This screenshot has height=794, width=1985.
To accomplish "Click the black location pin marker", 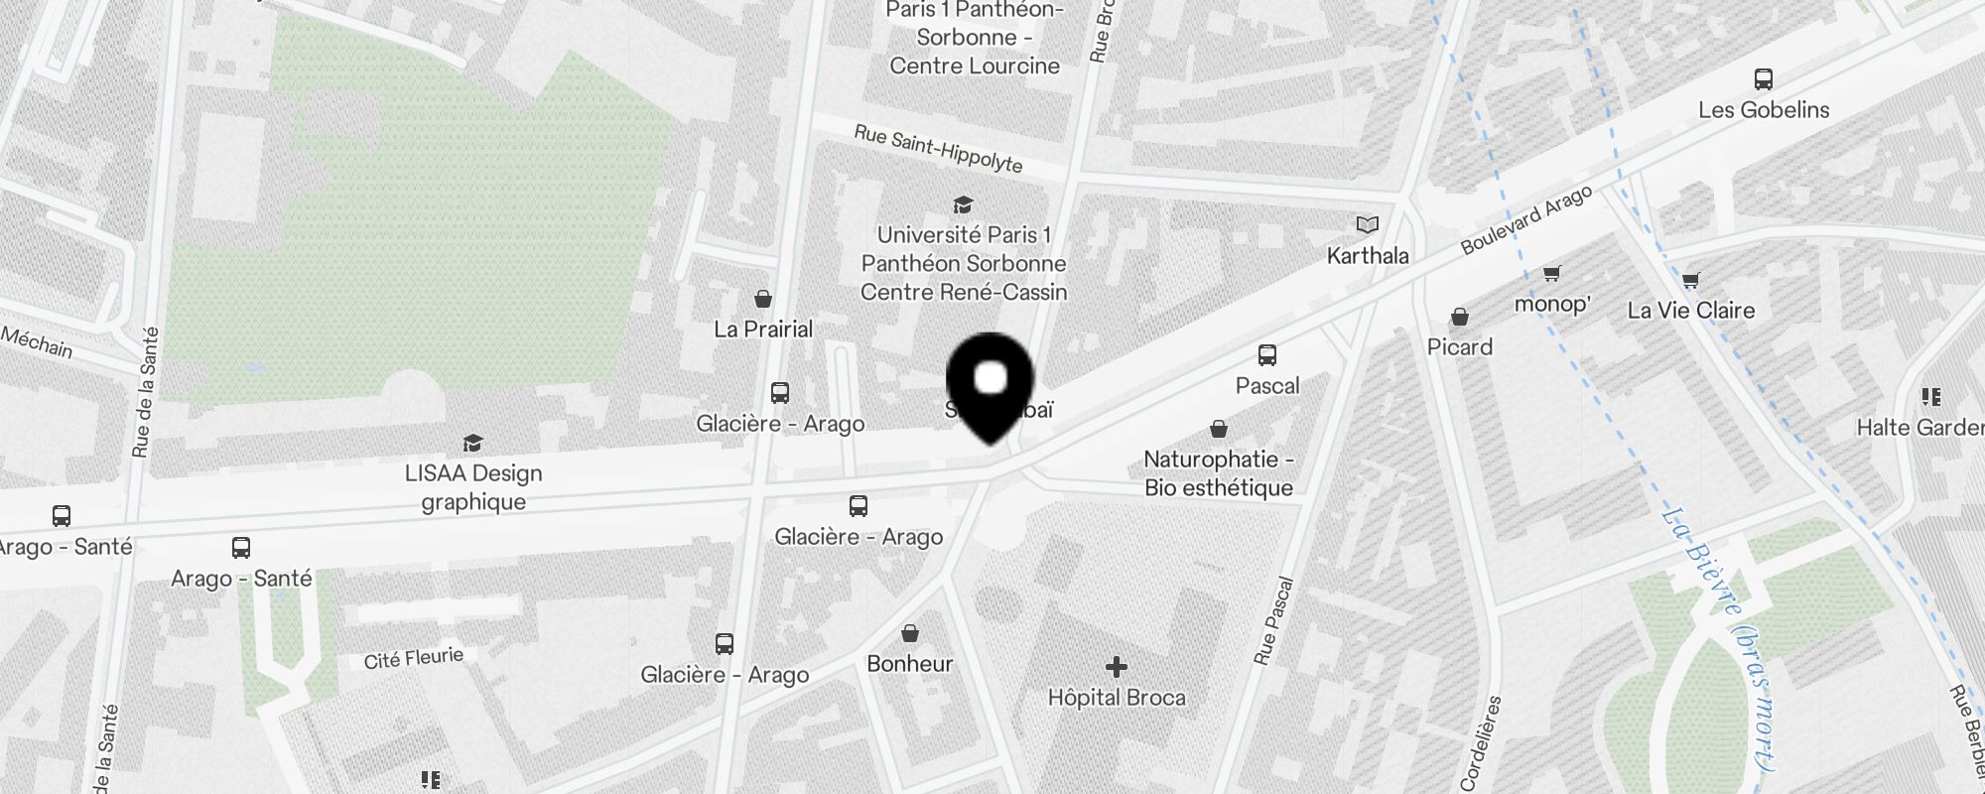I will (991, 382).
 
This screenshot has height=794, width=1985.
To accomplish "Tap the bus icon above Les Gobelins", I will (1763, 79).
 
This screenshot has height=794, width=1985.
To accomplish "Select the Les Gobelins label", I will (1763, 110).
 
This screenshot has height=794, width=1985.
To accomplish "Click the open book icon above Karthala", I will (1368, 225).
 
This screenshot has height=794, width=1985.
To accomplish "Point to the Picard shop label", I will (1459, 347).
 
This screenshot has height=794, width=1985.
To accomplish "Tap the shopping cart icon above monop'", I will (1551, 273).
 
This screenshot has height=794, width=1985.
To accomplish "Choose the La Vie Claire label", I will (1690, 311).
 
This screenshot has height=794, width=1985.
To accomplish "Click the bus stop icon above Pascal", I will (1266, 355).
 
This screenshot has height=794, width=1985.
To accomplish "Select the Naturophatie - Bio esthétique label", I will (1218, 473).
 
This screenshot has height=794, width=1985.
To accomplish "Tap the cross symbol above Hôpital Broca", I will (1116, 667).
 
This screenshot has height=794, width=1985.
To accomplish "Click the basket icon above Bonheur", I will (909, 633).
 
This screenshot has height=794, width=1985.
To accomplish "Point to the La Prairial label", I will (763, 330).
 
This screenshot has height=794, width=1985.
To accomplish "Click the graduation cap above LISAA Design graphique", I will (472, 443).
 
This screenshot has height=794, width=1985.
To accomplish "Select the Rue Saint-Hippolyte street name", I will (938, 148).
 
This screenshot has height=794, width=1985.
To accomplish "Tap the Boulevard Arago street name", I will (1525, 220).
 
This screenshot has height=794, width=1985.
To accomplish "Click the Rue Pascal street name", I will (1274, 621).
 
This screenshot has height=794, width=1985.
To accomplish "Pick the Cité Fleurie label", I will (413, 658).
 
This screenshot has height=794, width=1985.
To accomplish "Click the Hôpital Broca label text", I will (1116, 698).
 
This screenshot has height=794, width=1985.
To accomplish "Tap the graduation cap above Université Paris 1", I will (962, 205).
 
